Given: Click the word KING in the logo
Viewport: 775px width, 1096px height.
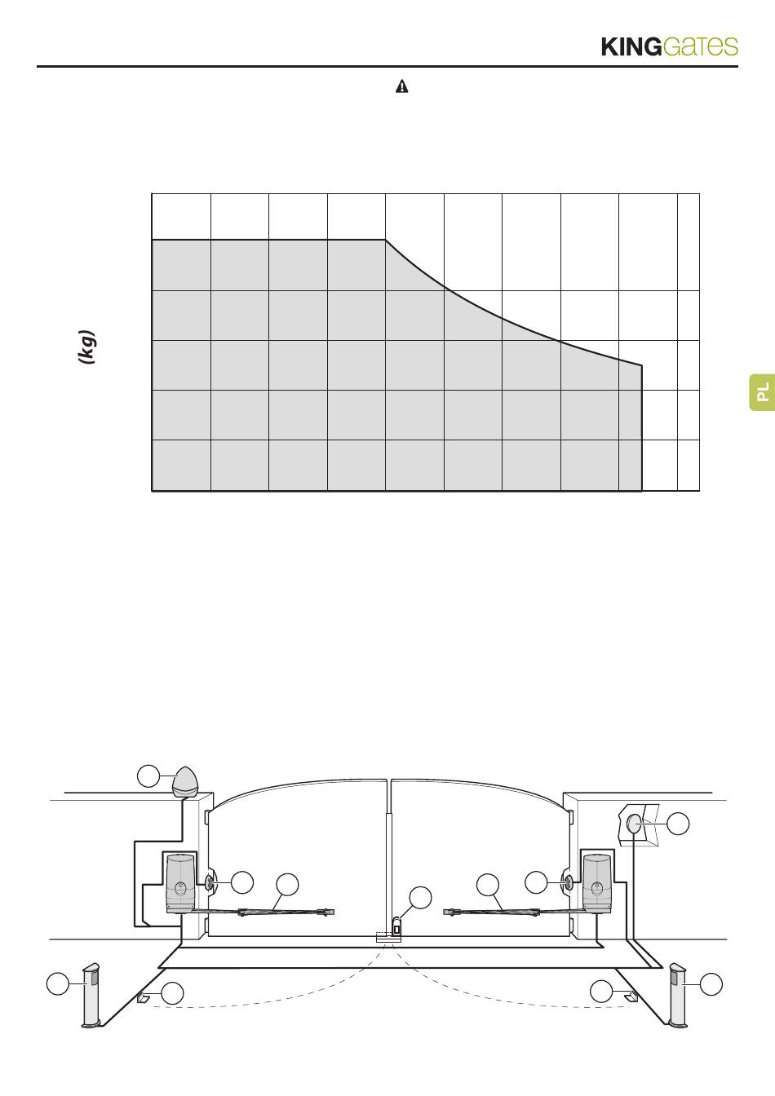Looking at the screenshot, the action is coord(631,47).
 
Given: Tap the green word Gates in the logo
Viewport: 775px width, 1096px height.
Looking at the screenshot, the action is coord(701,46).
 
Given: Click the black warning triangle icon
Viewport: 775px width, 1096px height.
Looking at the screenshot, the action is coord(401,86).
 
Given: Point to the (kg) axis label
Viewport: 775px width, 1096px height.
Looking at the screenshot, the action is coord(87,347).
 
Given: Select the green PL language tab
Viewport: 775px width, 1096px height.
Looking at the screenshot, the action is coord(762,392).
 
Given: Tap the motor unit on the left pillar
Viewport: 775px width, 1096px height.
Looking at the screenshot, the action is coord(180,883).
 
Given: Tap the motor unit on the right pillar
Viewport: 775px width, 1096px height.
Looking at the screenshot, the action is coord(596,883).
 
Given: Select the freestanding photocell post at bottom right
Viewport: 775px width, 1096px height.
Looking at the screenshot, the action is coord(679,995).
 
